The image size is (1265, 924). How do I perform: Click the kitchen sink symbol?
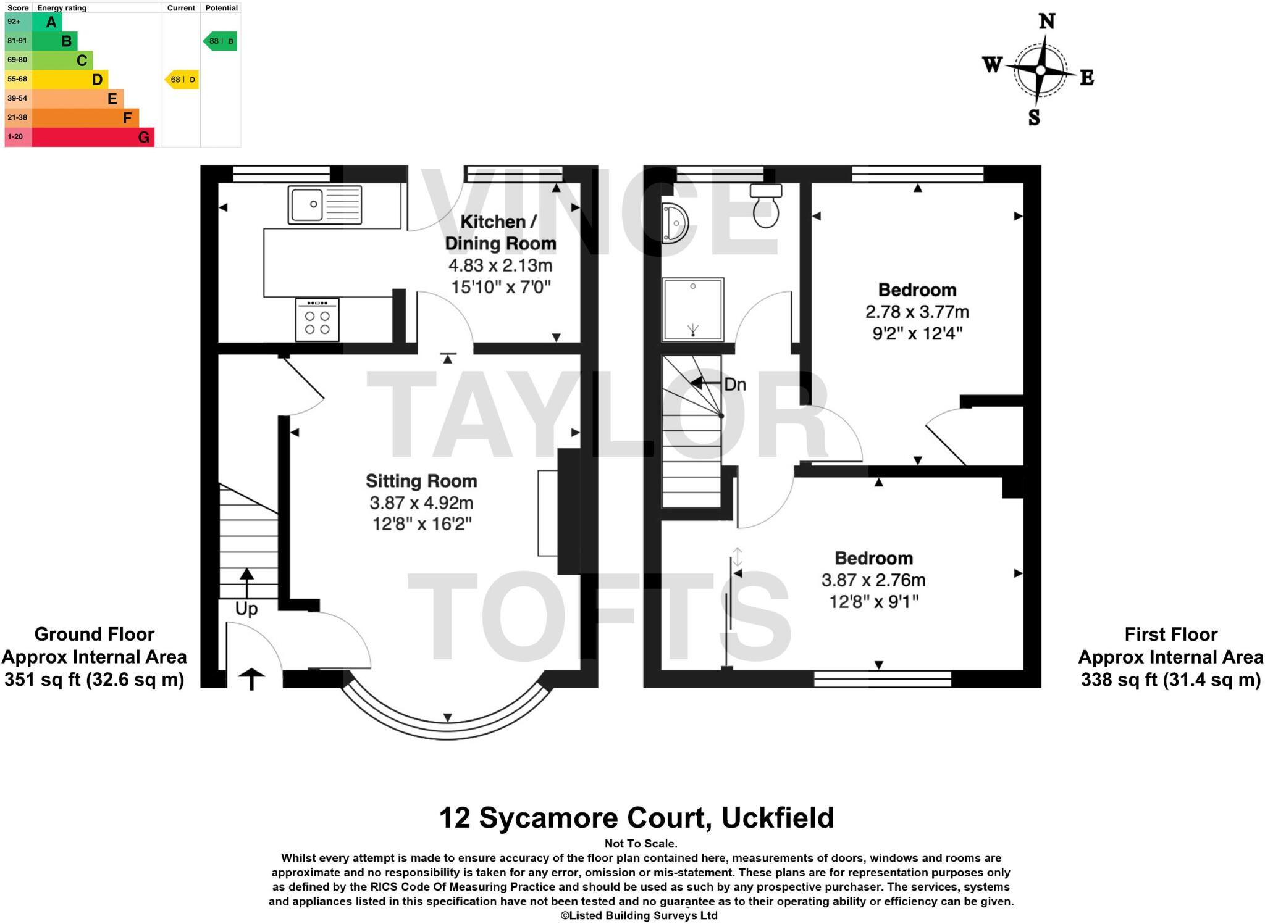tap(324, 204)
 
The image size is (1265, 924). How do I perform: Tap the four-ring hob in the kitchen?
tap(317, 320)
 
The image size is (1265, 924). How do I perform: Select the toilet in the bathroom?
tap(766, 205)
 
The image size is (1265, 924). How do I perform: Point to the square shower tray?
tap(692, 309)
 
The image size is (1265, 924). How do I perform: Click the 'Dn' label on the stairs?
tap(734, 385)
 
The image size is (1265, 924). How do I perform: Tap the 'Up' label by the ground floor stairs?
tap(246, 609)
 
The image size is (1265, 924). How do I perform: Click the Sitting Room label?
tap(421, 481)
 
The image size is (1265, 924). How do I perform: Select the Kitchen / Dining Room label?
tap(500, 232)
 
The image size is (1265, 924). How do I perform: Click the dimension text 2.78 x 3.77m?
tap(917, 312)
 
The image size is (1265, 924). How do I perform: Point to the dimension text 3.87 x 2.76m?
tap(873, 580)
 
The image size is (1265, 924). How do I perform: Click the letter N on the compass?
tap(1046, 22)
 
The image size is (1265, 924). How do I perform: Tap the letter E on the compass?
tap(1086, 78)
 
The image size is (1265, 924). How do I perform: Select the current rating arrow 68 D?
tap(182, 80)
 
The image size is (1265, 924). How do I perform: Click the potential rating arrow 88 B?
tap(221, 41)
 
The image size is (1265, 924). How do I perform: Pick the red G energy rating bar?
tap(93, 137)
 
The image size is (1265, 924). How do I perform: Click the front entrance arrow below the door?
tap(251, 679)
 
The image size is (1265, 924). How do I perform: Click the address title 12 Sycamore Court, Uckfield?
tap(636, 818)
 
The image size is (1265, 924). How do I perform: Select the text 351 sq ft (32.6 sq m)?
tap(95, 680)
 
